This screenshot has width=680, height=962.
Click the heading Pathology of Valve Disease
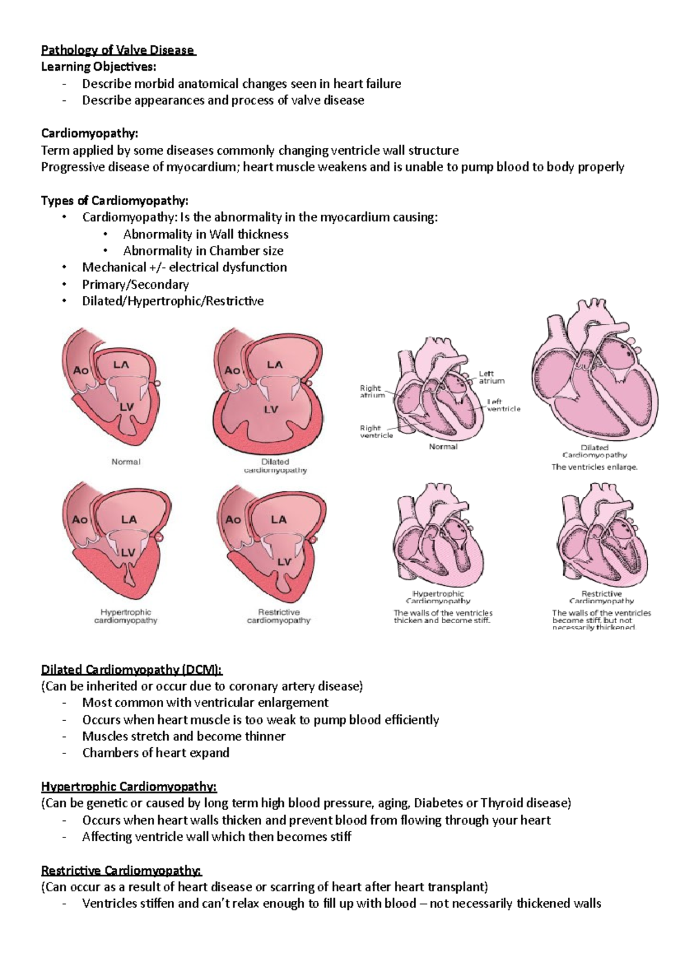point(118,50)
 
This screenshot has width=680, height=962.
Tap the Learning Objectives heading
point(98,67)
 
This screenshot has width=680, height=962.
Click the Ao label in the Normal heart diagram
point(81,370)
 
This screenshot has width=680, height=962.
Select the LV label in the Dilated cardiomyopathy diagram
point(271,409)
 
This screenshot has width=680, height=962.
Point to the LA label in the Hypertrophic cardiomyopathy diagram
point(129,520)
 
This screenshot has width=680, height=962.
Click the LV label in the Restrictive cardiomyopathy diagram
point(284,562)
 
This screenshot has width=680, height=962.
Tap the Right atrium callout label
point(372,391)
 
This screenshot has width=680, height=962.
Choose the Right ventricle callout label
point(376,432)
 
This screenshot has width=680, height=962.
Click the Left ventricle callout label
point(503,405)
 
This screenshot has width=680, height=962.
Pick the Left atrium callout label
point(491,377)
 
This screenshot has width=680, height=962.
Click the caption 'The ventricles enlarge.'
point(594,467)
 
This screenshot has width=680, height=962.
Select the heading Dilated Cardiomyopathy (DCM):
point(131,670)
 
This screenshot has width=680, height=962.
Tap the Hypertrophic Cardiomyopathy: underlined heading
point(129,786)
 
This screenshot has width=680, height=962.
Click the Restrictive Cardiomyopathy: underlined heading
point(121,870)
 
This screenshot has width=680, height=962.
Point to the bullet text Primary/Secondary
point(135,284)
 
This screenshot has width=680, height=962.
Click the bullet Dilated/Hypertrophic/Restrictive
point(173,301)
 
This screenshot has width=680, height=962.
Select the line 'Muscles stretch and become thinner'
point(184,737)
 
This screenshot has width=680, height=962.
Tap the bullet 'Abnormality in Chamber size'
point(203,251)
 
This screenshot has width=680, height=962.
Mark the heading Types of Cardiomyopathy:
point(114,201)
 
